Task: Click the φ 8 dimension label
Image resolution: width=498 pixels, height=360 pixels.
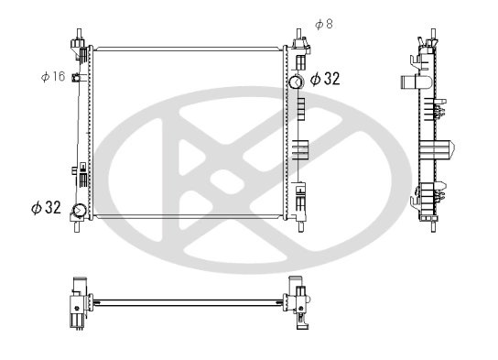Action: pyautogui.click(x=324, y=24)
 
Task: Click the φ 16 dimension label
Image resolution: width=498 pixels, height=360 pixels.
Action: pyautogui.click(x=53, y=76)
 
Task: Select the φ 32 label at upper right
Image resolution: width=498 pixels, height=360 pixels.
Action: pyautogui.click(x=325, y=79)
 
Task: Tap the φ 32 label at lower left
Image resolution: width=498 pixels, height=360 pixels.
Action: pyautogui.click(x=46, y=208)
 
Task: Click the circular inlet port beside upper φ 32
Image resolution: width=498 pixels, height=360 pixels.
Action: pyautogui.click(x=297, y=82)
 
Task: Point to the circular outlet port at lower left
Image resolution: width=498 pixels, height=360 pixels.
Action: pyautogui.click(x=79, y=210)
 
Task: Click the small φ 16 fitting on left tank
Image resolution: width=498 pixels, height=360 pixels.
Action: pyautogui.click(x=76, y=78)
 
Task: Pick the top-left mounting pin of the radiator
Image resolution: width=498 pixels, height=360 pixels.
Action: pyautogui.click(x=79, y=34)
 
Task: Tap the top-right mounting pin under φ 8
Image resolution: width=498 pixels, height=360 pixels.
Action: pyautogui.click(x=298, y=34)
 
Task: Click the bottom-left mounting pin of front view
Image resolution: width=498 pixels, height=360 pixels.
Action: pyautogui.click(x=77, y=226)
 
